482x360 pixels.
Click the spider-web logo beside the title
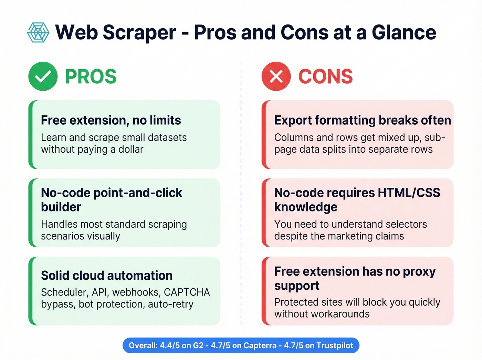point(38,32)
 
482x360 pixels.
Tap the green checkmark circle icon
point(43,76)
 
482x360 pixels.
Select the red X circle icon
point(276,76)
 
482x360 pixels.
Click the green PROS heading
point(91,76)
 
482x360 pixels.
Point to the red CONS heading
point(325,76)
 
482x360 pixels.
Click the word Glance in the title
point(404,32)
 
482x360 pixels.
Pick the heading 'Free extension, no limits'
point(111,120)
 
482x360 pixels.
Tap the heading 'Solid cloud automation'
point(107,276)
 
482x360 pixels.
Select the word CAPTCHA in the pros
point(187,292)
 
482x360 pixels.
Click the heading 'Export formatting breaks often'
point(363,120)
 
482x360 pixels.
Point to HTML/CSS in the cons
point(409,193)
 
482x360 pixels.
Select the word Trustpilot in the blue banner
point(335,346)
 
